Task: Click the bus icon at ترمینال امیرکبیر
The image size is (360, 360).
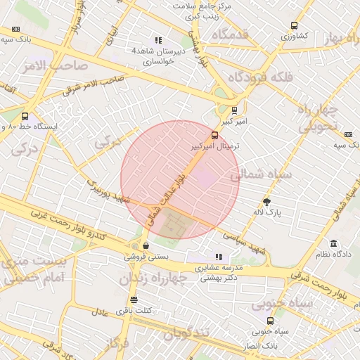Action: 214,135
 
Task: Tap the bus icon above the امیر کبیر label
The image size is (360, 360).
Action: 234,109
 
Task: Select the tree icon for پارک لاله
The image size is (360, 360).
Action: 266,202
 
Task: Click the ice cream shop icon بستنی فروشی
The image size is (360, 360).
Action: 145,246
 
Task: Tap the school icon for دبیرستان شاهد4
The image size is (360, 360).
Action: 158,41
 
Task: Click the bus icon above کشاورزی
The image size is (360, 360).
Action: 293,25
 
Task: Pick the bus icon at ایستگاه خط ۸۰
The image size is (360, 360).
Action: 25,116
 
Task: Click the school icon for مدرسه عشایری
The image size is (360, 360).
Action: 219,257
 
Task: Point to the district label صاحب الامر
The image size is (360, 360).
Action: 67,65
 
